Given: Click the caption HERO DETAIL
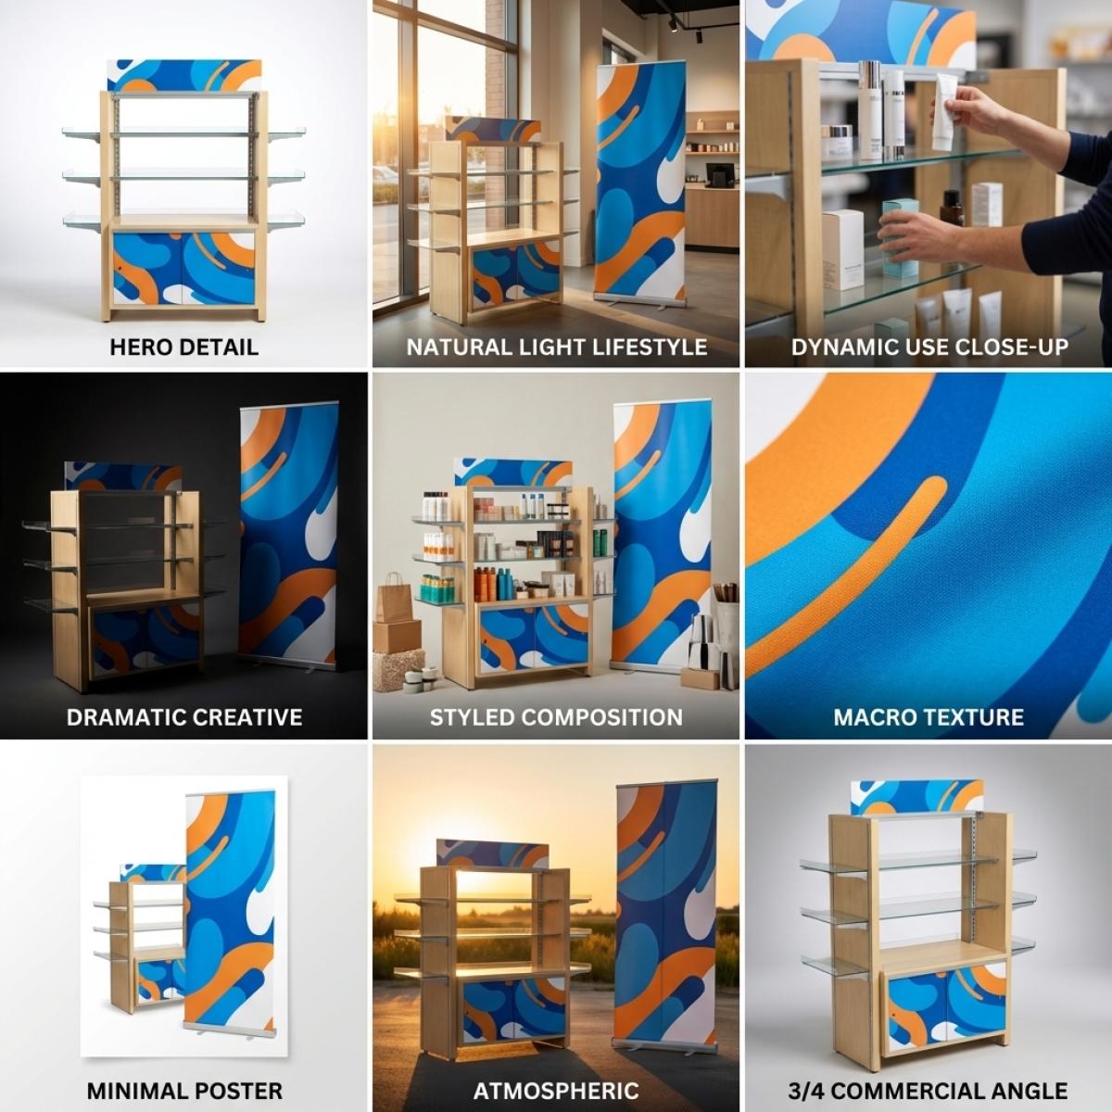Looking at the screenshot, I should (x=183, y=347).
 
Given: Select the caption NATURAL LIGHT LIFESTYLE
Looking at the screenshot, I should (x=556, y=347).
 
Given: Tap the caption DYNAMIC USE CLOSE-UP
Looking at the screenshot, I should (x=929, y=347).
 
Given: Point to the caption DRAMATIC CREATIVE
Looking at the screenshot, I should (x=183, y=717).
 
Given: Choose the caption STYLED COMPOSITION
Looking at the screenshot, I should (x=556, y=717).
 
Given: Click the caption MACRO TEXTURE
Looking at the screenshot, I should (x=929, y=717).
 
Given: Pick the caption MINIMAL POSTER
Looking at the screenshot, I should (x=184, y=1091).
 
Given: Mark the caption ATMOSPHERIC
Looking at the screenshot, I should (x=556, y=1091).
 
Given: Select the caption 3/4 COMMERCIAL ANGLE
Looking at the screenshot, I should (x=929, y=1091).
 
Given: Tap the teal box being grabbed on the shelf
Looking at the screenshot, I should (x=895, y=241).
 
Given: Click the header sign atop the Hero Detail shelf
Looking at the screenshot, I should (x=183, y=75).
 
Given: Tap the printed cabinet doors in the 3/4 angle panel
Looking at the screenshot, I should (x=945, y=1005).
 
